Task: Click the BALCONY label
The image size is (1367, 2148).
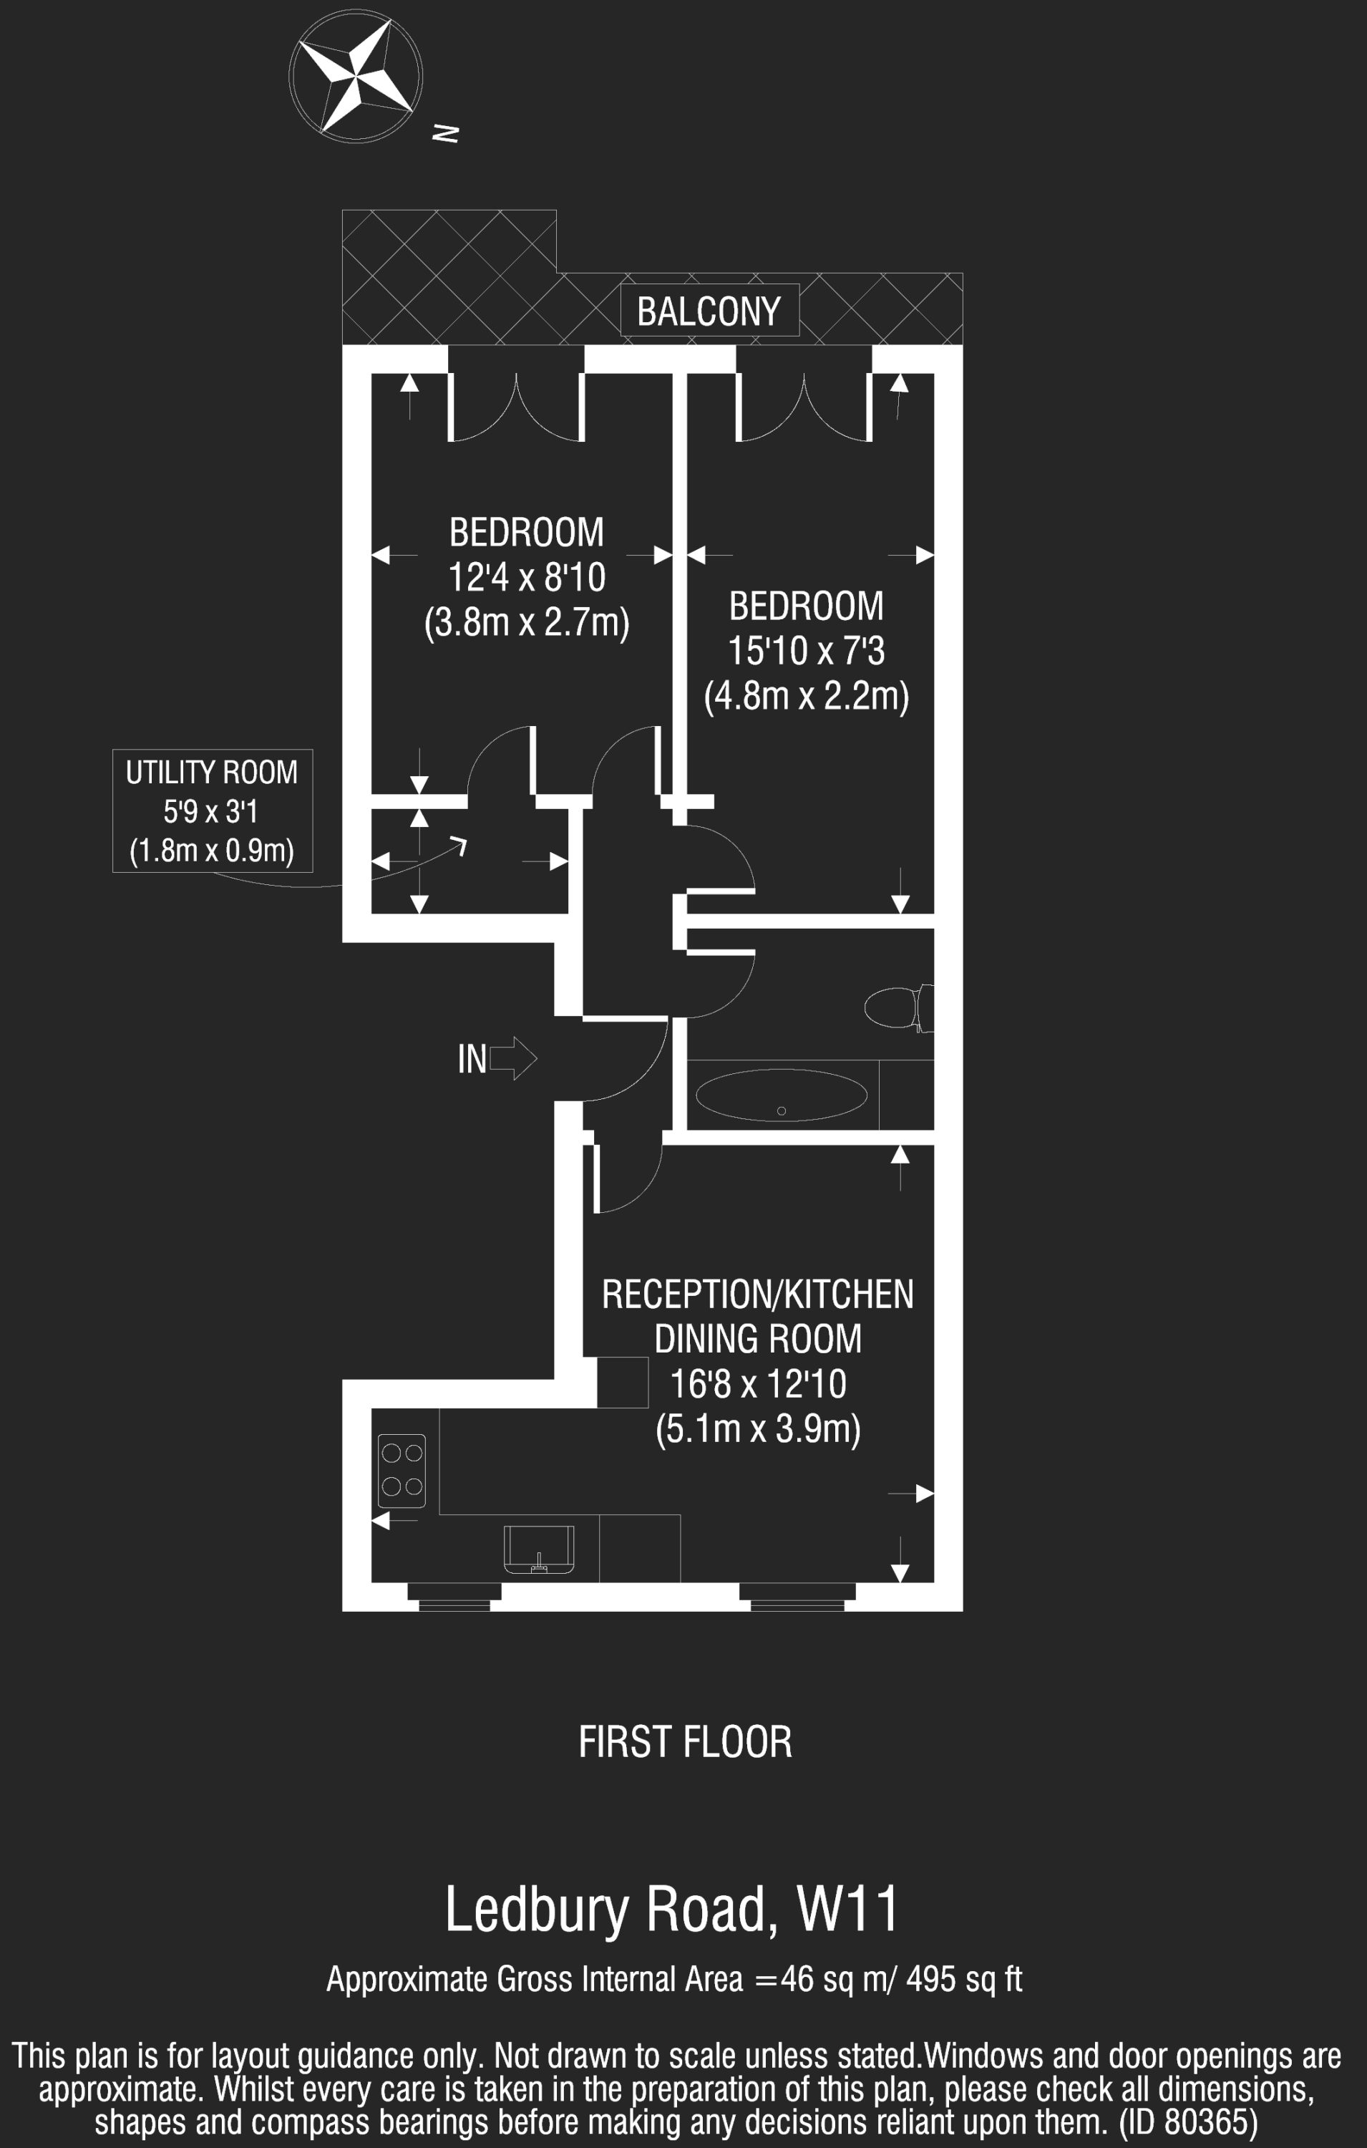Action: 709,311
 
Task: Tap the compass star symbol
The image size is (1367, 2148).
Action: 356,76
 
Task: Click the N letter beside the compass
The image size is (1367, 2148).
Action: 445,133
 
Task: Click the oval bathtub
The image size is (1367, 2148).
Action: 781,1095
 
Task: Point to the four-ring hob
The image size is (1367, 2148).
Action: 402,1470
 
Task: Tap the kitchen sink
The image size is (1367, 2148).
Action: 539,1549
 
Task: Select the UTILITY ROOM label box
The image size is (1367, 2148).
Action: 213,810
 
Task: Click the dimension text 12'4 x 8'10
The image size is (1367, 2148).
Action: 527,577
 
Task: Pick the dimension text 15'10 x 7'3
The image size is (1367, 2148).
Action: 806,651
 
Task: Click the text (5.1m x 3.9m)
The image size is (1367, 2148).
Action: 758,1428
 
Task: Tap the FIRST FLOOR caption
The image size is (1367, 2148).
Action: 685,1742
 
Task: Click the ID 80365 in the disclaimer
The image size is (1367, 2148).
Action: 1189,2122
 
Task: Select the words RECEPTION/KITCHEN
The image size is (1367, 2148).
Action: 758,1295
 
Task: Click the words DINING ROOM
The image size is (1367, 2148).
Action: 758,1339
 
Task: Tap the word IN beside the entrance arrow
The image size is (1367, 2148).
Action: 472,1059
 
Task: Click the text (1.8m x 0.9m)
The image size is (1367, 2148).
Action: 213,850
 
